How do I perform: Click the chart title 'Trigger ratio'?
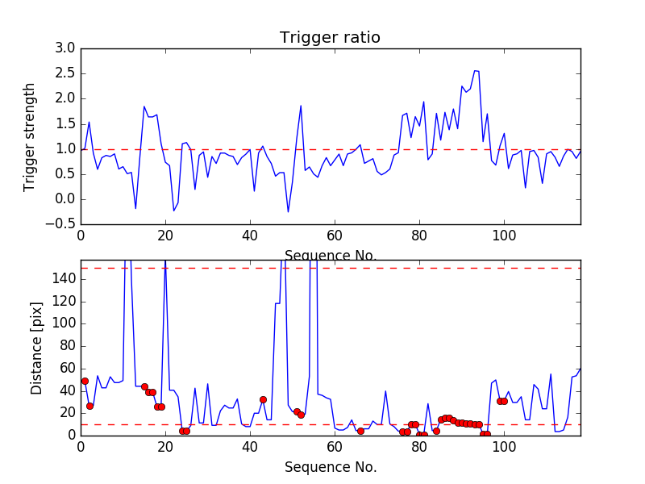point(330,38)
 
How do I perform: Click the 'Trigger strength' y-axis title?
point(30,136)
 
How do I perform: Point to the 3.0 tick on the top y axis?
point(65,48)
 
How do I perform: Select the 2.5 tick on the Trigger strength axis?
point(65,73)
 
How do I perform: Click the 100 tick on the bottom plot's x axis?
point(504,445)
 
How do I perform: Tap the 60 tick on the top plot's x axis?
point(335,236)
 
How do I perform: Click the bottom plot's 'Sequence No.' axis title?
point(331,467)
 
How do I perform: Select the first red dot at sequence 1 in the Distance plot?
point(85,381)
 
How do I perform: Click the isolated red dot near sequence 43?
point(263,399)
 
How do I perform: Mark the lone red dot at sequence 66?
point(360,431)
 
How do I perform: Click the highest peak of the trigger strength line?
point(475,71)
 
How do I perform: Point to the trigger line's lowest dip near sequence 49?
point(288,212)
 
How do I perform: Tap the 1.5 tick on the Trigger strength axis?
point(65,123)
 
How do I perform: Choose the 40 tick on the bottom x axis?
point(250,445)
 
